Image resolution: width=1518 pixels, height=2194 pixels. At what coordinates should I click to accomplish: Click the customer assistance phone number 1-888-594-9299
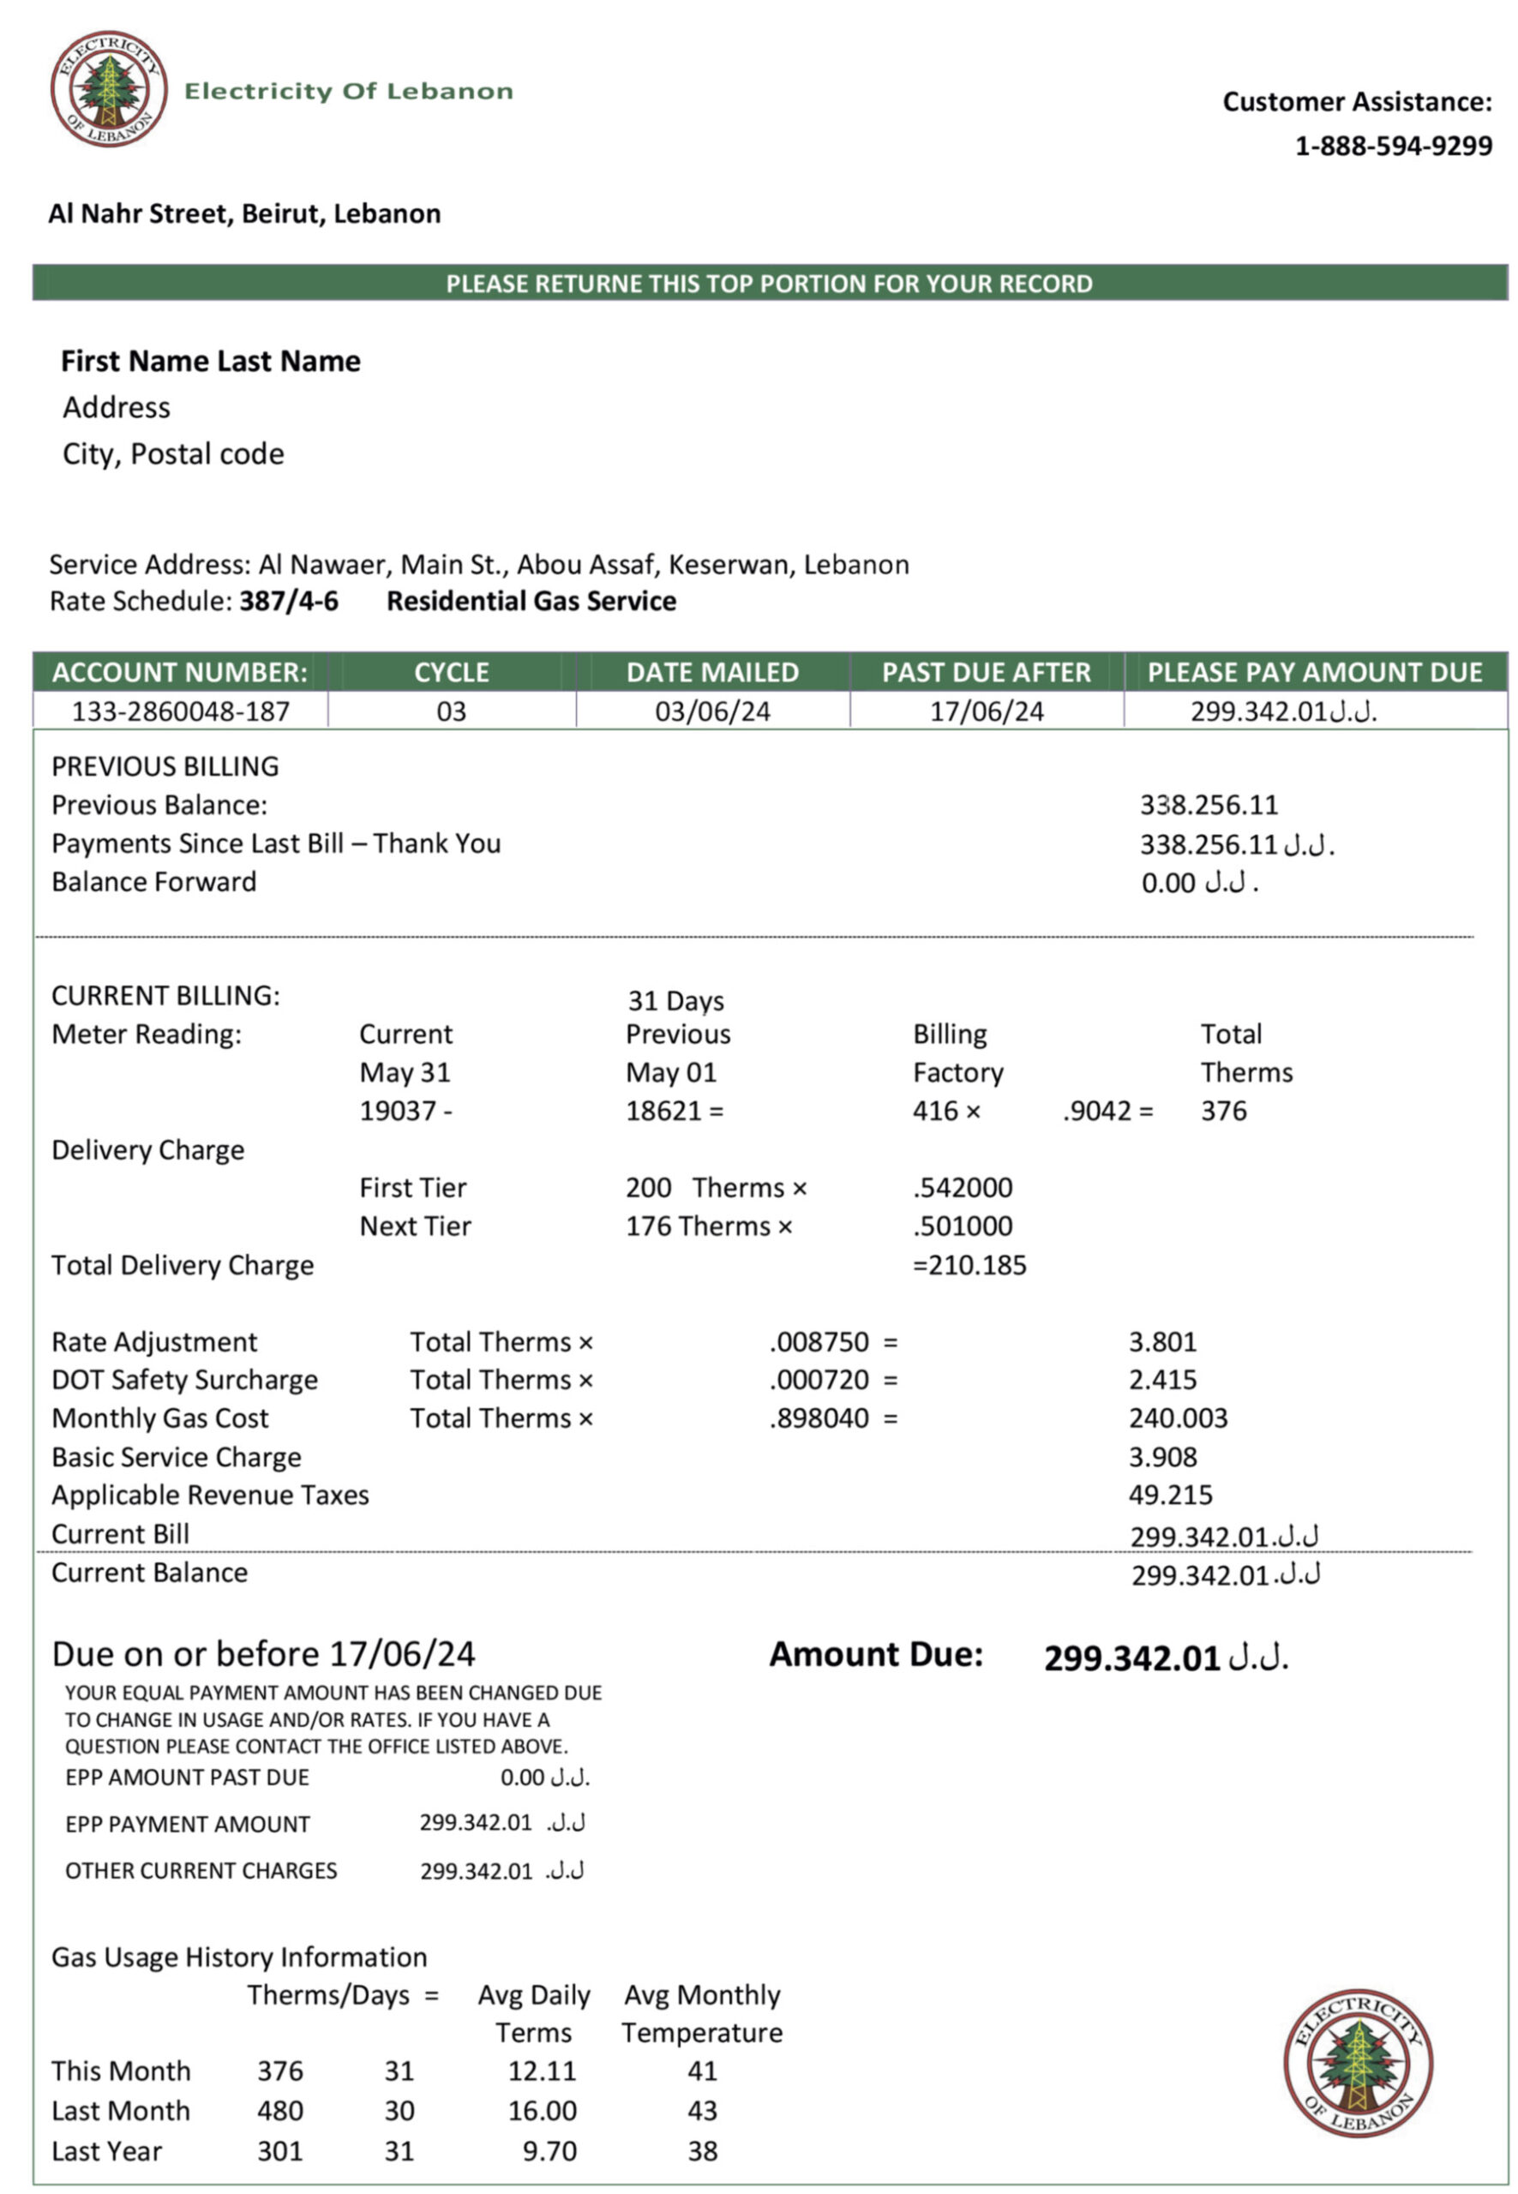click(x=1393, y=146)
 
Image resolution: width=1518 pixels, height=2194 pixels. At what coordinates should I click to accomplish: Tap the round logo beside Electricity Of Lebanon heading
click(x=110, y=88)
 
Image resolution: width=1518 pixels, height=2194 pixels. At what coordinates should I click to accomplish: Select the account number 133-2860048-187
click(x=181, y=711)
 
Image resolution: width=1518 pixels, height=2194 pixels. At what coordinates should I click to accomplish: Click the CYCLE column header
click(x=451, y=673)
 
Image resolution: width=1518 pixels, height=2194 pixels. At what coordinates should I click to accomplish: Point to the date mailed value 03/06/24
click(x=712, y=711)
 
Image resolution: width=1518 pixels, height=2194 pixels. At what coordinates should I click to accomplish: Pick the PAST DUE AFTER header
click(x=986, y=673)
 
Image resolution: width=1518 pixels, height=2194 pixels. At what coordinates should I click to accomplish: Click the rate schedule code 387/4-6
click(x=288, y=601)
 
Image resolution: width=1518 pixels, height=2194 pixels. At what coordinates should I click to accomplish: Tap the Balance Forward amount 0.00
click(x=1168, y=883)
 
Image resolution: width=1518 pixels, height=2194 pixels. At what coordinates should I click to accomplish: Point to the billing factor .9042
click(x=1096, y=1111)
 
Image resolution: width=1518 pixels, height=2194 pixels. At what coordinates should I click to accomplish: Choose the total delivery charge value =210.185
click(x=969, y=1265)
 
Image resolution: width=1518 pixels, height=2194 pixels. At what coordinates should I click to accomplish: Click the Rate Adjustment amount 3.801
click(x=1162, y=1342)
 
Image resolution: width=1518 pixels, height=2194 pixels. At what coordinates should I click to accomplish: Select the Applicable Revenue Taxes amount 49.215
click(x=1170, y=1495)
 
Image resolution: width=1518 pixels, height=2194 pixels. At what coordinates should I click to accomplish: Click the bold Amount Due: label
click(x=876, y=1654)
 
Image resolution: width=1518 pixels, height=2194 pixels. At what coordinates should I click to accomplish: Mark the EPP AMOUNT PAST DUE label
click(x=188, y=1777)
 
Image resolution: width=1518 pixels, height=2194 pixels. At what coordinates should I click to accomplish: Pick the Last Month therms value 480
click(x=279, y=2110)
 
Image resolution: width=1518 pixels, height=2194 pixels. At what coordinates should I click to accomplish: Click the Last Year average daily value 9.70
click(x=549, y=2150)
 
